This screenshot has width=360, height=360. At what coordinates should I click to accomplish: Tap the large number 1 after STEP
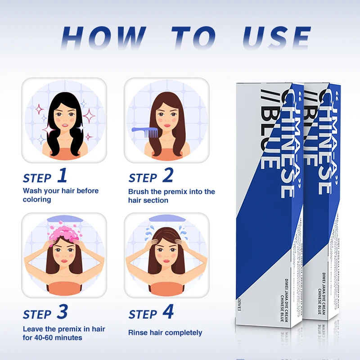(62, 176)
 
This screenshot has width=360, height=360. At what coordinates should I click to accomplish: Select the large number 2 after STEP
(167, 176)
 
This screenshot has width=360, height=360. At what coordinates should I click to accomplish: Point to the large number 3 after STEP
(62, 312)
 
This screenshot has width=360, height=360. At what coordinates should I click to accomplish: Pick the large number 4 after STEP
(168, 312)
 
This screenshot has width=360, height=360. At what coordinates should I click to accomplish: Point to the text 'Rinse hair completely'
(165, 333)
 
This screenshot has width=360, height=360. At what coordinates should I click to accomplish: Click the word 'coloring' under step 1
(37, 199)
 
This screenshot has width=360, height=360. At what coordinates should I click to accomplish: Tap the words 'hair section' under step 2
(148, 200)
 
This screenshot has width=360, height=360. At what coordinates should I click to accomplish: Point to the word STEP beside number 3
(37, 314)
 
